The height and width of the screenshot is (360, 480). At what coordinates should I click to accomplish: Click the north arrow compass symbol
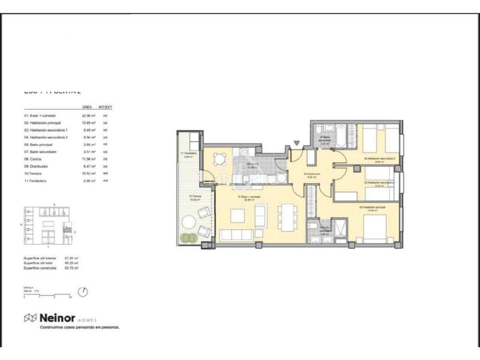click(83, 292)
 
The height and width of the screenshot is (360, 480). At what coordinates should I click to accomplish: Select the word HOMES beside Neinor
click(86, 319)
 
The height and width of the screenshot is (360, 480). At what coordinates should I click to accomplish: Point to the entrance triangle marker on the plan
click(295, 143)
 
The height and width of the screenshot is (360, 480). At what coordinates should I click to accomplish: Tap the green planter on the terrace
click(190, 238)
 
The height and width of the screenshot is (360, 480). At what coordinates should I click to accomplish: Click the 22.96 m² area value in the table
click(89, 115)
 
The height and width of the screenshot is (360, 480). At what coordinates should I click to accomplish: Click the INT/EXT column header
click(106, 107)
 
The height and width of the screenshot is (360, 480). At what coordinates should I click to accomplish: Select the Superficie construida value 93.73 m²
click(72, 269)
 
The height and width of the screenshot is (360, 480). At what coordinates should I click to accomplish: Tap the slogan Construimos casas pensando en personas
click(79, 327)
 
